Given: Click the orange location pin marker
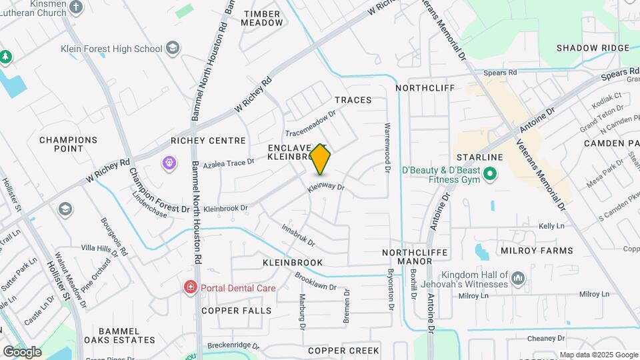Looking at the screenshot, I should (x=321, y=159).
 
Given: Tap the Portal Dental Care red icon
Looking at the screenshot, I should (x=191, y=287).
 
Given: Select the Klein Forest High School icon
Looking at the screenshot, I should (x=173, y=48).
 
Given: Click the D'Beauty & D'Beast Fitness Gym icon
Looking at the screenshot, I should (x=490, y=175).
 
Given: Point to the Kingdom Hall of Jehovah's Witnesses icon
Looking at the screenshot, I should (x=519, y=277).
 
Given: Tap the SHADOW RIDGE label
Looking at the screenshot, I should (x=593, y=48).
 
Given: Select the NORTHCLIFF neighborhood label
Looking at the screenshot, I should (x=425, y=88).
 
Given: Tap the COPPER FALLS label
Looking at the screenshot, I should (x=237, y=311).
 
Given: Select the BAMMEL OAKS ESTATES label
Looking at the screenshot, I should (x=119, y=336).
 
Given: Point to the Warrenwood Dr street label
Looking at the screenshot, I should (x=387, y=147).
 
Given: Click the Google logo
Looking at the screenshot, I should (x=23, y=351).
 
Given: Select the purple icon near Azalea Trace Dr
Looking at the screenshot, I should (x=169, y=162).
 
